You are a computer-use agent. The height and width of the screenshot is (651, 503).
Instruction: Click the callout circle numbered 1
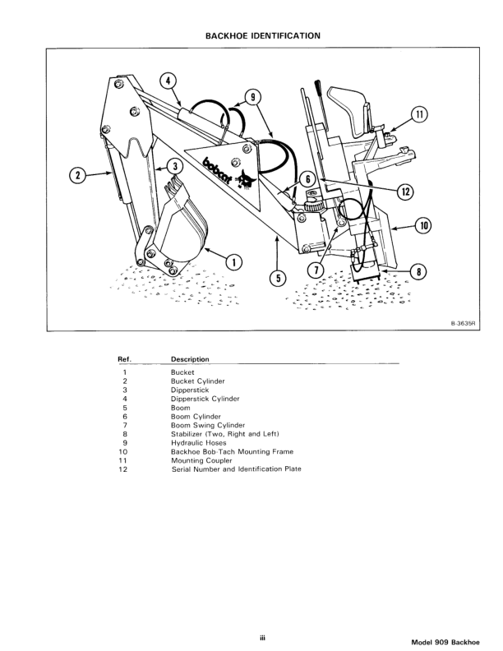click(x=234, y=262)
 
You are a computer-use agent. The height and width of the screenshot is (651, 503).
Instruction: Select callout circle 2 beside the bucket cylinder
click(x=78, y=173)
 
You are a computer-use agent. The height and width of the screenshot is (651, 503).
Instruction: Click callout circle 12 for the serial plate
click(x=404, y=191)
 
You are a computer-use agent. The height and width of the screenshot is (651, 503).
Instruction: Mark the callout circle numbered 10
click(x=424, y=224)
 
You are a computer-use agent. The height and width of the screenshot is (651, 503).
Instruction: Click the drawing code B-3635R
click(x=464, y=323)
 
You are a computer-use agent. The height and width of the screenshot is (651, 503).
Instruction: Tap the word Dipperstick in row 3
click(x=190, y=390)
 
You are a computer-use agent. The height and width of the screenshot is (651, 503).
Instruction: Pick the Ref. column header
click(x=125, y=359)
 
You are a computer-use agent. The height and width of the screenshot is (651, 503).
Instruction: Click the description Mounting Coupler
click(x=201, y=460)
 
